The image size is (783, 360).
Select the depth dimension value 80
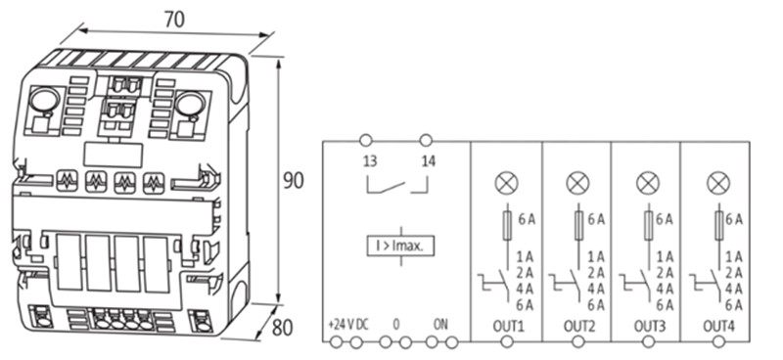click(283, 328)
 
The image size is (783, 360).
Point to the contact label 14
click(427, 161)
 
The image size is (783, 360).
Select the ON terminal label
click(441, 323)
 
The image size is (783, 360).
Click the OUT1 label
click(506, 324)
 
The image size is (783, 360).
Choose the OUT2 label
click(576, 324)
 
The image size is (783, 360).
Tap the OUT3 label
click(646, 324)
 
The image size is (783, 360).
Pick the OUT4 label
click(717, 324)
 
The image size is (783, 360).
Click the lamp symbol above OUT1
click(506, 182)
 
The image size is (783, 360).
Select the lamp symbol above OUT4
click(718, 182)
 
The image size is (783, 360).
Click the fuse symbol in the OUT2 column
click(577, 224)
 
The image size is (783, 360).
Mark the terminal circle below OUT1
click(507, 342)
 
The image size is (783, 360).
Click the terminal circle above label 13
click(365, 140)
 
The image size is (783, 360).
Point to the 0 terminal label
click(395, 323)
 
